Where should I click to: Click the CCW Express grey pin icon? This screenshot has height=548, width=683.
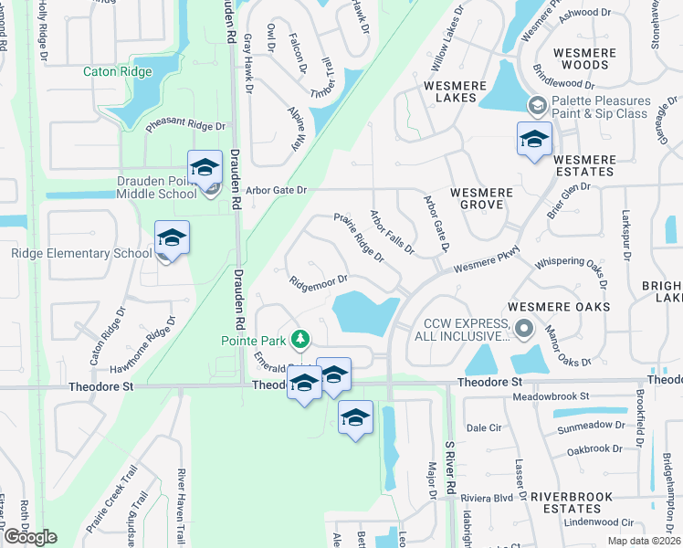click(523, 327)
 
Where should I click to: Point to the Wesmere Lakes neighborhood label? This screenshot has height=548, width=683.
click(450, 91)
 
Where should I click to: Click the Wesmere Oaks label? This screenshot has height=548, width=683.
click(559, 307)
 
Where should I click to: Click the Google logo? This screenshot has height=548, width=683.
click(29, 537)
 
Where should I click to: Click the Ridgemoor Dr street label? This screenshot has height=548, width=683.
click(318, 280)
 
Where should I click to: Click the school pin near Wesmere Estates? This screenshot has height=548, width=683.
click(534, 140)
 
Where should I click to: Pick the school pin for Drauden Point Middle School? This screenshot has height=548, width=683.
click(205, 168)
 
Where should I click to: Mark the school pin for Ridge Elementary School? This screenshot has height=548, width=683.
click(172, 238)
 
